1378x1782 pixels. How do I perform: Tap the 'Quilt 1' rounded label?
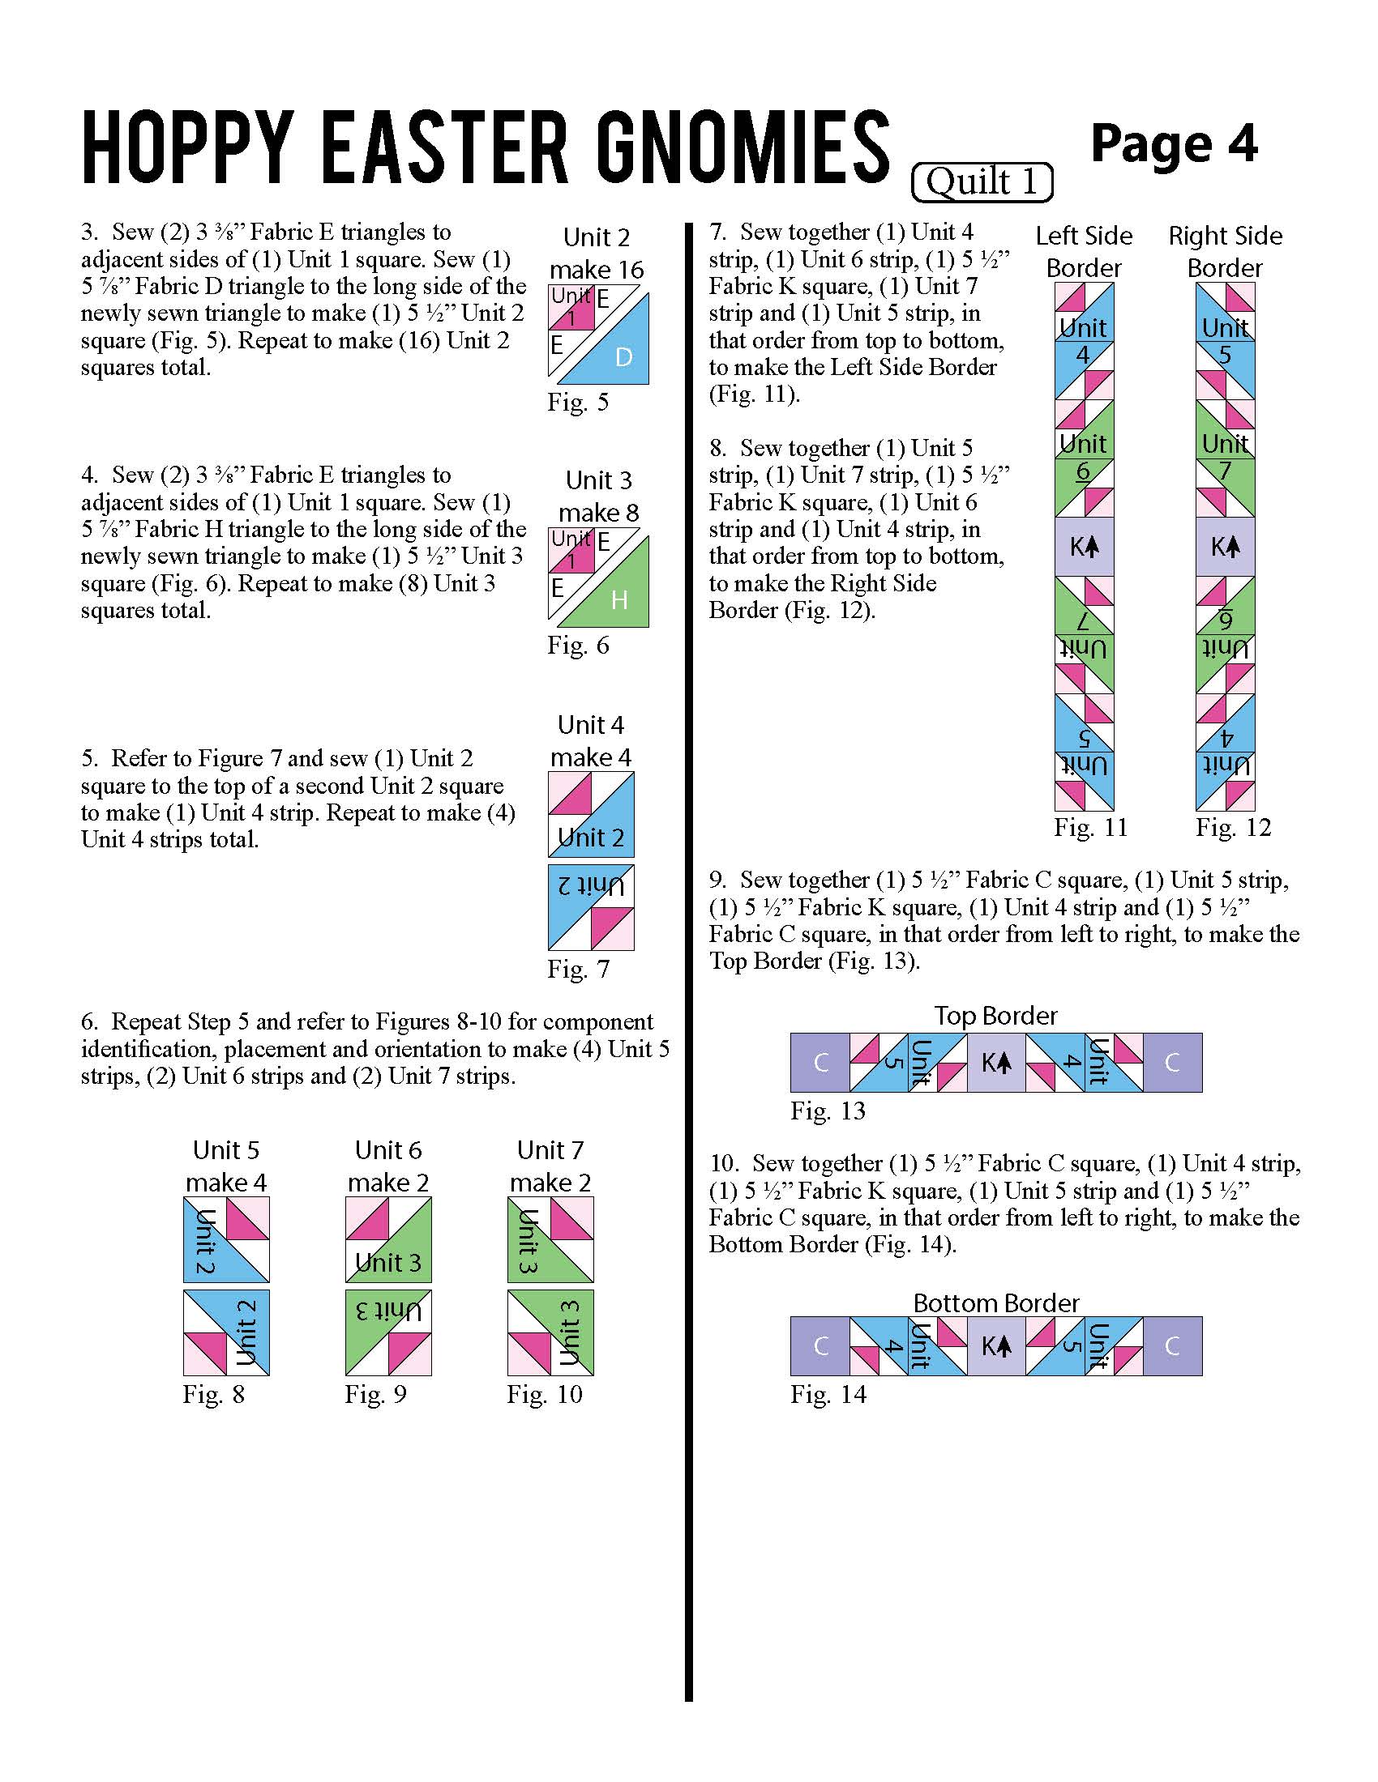point(982,182)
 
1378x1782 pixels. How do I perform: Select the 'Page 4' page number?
point(1173,144)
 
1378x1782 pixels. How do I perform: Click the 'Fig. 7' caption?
point(578,970)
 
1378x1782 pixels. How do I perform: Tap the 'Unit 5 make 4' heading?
point(226,1166)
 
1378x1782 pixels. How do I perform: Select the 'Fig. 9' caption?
point(375,1395)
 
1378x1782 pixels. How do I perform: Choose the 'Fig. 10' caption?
point(545,1395)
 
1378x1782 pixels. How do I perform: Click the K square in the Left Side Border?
point(1084,547)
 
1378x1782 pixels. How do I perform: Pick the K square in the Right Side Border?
point(1226,547)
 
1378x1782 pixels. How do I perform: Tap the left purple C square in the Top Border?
point(820,1064)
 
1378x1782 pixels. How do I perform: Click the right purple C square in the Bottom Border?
point(1172,1346)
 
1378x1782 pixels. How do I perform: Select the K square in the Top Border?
point(996,1064)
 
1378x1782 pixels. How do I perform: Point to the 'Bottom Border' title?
point(996,1303)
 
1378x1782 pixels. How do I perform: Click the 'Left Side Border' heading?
point(1084,251)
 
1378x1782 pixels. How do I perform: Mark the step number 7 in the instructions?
point(717,232)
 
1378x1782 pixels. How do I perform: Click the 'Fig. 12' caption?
point(1234,828)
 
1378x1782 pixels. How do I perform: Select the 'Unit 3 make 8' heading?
point(598,496)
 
